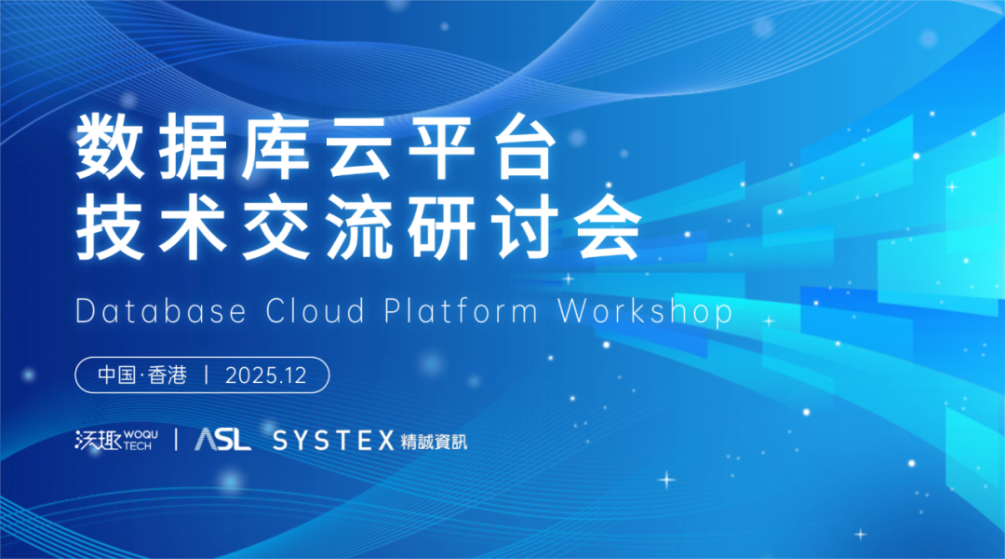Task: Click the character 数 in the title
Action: [x=110, y=148]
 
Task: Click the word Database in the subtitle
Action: [x=162, y=312]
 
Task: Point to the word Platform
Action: [x=462, y=312]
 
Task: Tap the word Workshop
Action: [x=646, y=312]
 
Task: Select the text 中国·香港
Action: [x=142, y=375]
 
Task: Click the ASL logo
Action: [x=222, y=440]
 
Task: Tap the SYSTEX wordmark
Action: [x=333, y=441]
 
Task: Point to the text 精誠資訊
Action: [x=435, y=441]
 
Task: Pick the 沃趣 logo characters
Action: [x=96, y=440]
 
